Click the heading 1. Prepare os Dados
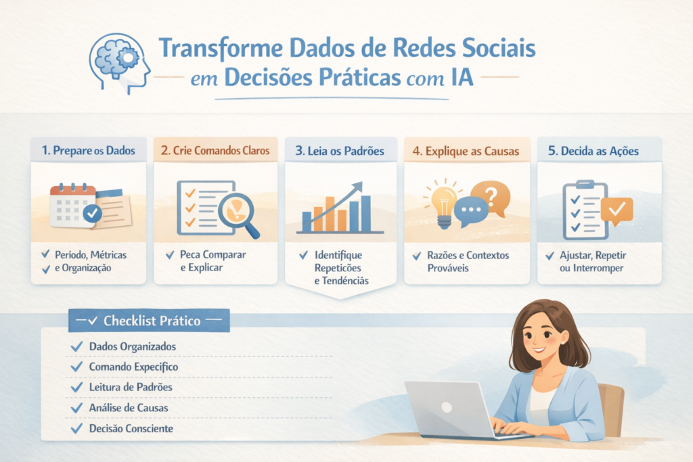tap(88, 150)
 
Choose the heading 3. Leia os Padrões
tap(340, 150)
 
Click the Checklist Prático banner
tap(149, 321)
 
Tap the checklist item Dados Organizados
tap(133, 346)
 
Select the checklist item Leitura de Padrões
tap(131, 387)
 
